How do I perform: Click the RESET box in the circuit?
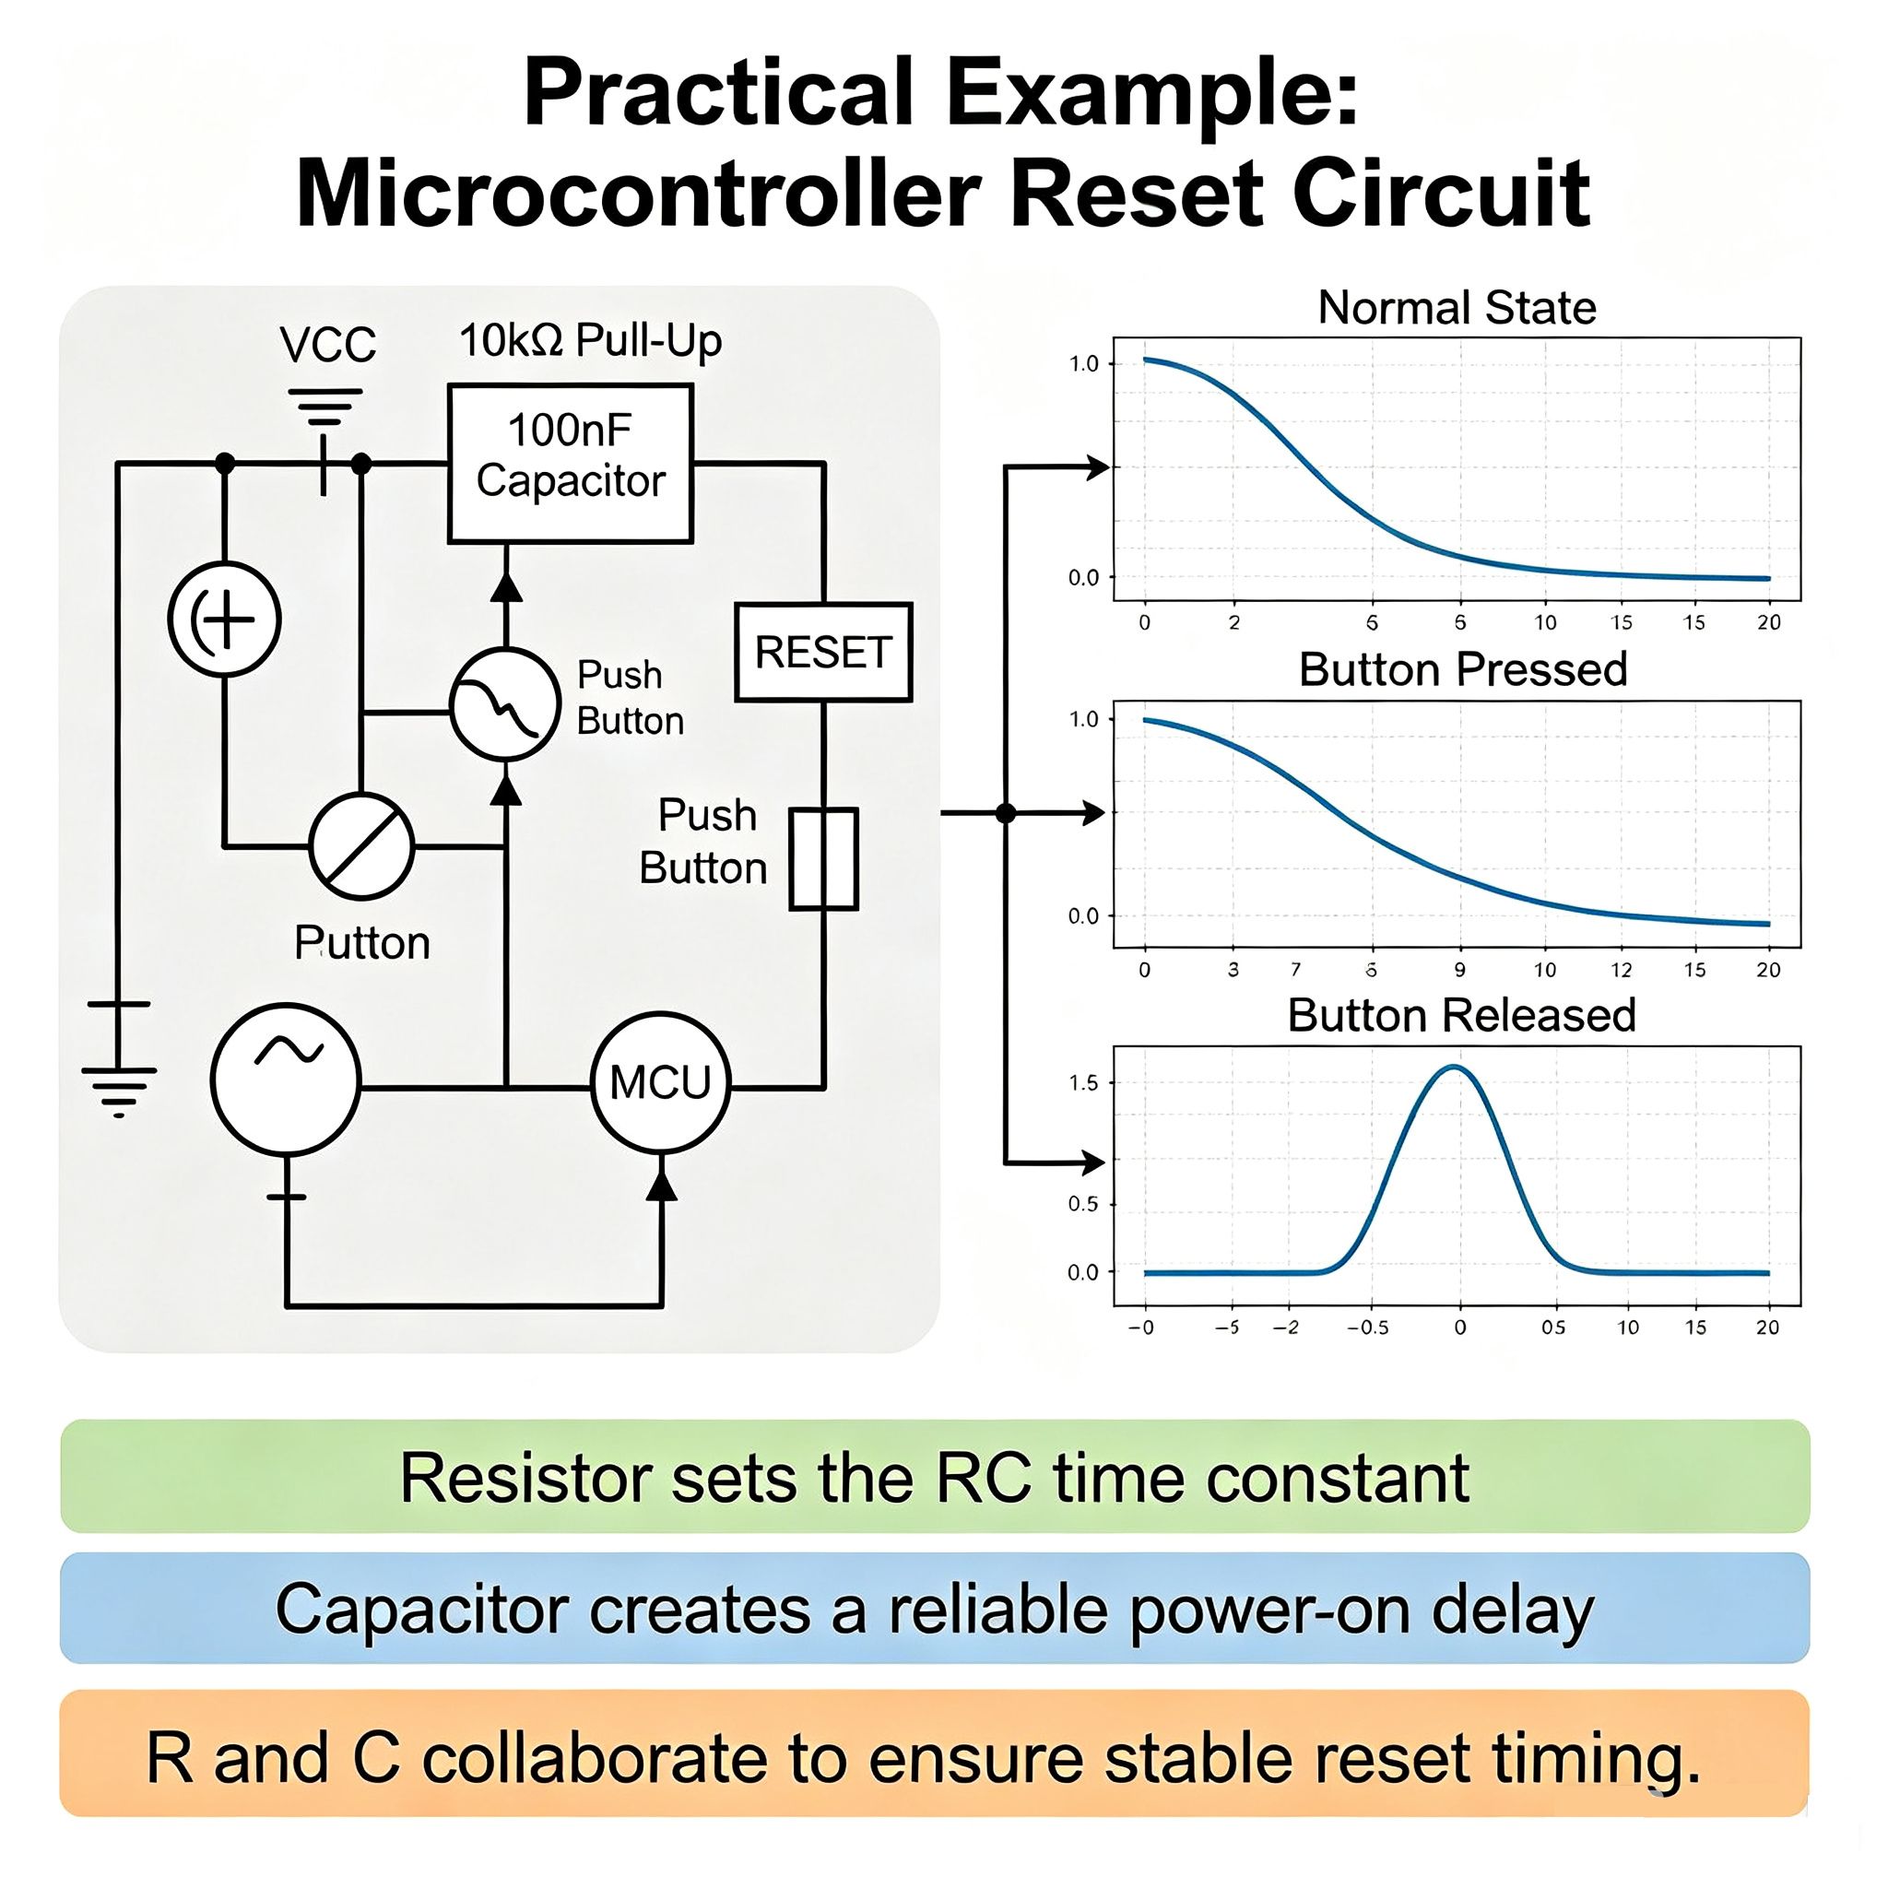(823, 652)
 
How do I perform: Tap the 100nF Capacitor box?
(571, 463)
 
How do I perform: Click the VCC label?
(327, 345)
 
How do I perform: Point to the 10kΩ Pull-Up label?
(590, 341)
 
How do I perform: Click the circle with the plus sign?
(225, 619)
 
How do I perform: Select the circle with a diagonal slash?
(361, 846)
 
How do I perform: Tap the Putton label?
(362, 943)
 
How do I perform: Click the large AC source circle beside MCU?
(287, 1080)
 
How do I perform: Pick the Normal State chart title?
(1457, 308)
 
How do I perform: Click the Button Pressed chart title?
(1463, 670)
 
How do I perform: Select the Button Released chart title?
(1462, 1015)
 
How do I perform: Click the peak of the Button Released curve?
(1455, 1068)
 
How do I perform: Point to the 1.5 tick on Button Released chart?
(1084, 1083)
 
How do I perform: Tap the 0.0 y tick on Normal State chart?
(1084, 577)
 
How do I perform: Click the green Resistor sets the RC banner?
(935, 1477)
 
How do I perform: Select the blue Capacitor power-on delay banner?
(935, 1610)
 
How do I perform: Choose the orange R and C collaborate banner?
(935, 1754)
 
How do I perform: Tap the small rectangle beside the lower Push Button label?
(824, 859)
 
